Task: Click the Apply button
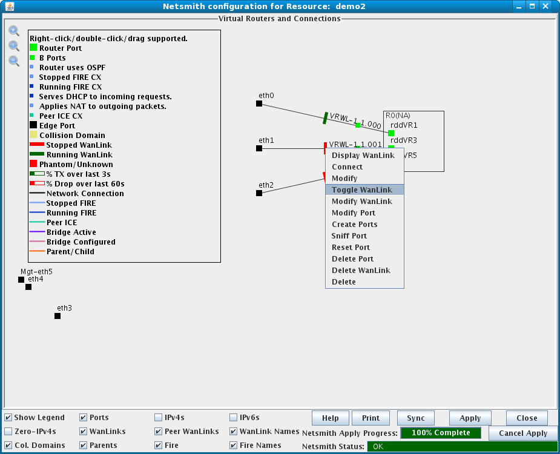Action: (x=470, y=418)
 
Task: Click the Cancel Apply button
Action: (x=523, y=433)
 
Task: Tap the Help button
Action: (x=331, y=418)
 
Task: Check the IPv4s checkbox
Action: (x=158, y=418)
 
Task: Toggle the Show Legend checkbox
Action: (x=8, y=418)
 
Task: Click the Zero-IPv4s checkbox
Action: (x=8, y=432)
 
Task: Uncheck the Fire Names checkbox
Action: (x=233, y=446)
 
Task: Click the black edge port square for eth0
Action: (x=259, y=104)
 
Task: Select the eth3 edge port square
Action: (x=58, y=316)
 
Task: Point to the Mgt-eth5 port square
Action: (x=21, y=280)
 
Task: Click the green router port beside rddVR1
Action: (x=391, y=133)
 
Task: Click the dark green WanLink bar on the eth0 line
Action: (x=325, y=118)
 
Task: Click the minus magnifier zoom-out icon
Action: (x=14, y=61)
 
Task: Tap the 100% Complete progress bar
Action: (x=441, y=433)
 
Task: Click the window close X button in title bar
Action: (x=545, y=7)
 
